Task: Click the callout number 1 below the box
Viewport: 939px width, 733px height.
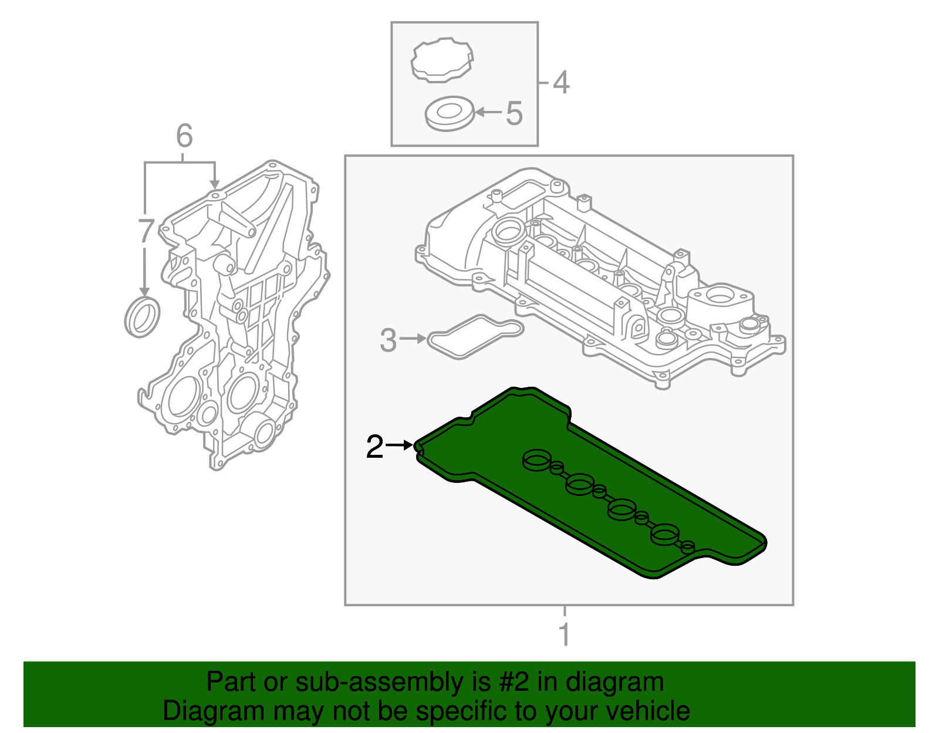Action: coord(564,635)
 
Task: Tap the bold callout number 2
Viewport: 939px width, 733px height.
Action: coord(374,447)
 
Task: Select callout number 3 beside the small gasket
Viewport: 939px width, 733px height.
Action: coord(388,340)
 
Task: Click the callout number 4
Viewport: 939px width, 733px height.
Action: coord(561,82)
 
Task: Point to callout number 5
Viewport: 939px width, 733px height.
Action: coord(514,113)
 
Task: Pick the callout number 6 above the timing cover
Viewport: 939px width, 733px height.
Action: coord(184,136)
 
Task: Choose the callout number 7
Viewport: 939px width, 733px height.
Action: coord(146,231)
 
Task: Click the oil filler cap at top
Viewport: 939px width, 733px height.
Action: coord(443,59)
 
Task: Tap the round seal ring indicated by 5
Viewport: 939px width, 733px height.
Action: coord(449,113)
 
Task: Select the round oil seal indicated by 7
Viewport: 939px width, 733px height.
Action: coord(142,317)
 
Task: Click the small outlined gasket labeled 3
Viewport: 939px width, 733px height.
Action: coord(475,336)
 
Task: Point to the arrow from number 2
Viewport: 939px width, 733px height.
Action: coord(401,445)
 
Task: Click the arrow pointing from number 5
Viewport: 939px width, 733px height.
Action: coord(488,112)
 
